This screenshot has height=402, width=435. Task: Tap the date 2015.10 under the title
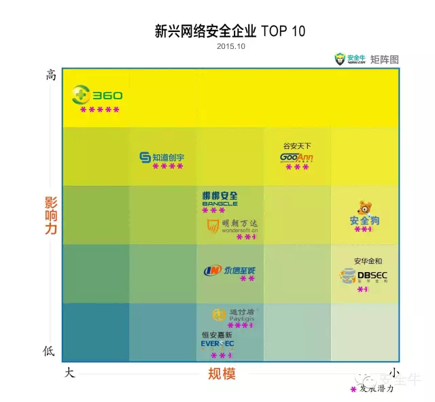click(231, 46)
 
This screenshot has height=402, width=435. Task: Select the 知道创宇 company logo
click(161, 157)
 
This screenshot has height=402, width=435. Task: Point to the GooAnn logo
click(296, 158)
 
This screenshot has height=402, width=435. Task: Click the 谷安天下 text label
click(297, 146)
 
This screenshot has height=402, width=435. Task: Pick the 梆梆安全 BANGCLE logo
click(220, 199)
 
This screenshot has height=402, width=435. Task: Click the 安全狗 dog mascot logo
click(364, 214)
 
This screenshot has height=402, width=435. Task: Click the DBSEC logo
click(363, 275)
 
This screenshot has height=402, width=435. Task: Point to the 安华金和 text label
click(368, 261)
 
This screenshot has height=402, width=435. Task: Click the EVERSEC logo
click(217, 344)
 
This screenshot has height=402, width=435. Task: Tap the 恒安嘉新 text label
click(217, 335)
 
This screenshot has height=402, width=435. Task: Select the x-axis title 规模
click(222, 373)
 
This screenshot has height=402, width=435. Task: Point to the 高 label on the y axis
click(50, 76)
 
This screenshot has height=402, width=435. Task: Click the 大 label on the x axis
click(69, 373)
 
